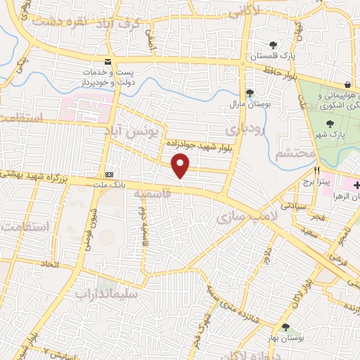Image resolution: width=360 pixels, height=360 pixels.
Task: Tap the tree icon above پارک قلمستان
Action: click(x=273, y=44)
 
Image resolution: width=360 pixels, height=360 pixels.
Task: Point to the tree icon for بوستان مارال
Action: click(x=249, y=93)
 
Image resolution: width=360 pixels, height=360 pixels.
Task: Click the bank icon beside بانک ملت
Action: click(x=109, y=174)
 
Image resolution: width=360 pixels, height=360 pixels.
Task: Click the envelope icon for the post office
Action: click(x=107, y=61)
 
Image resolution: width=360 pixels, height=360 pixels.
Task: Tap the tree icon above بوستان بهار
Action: click(x=285, y=327)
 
